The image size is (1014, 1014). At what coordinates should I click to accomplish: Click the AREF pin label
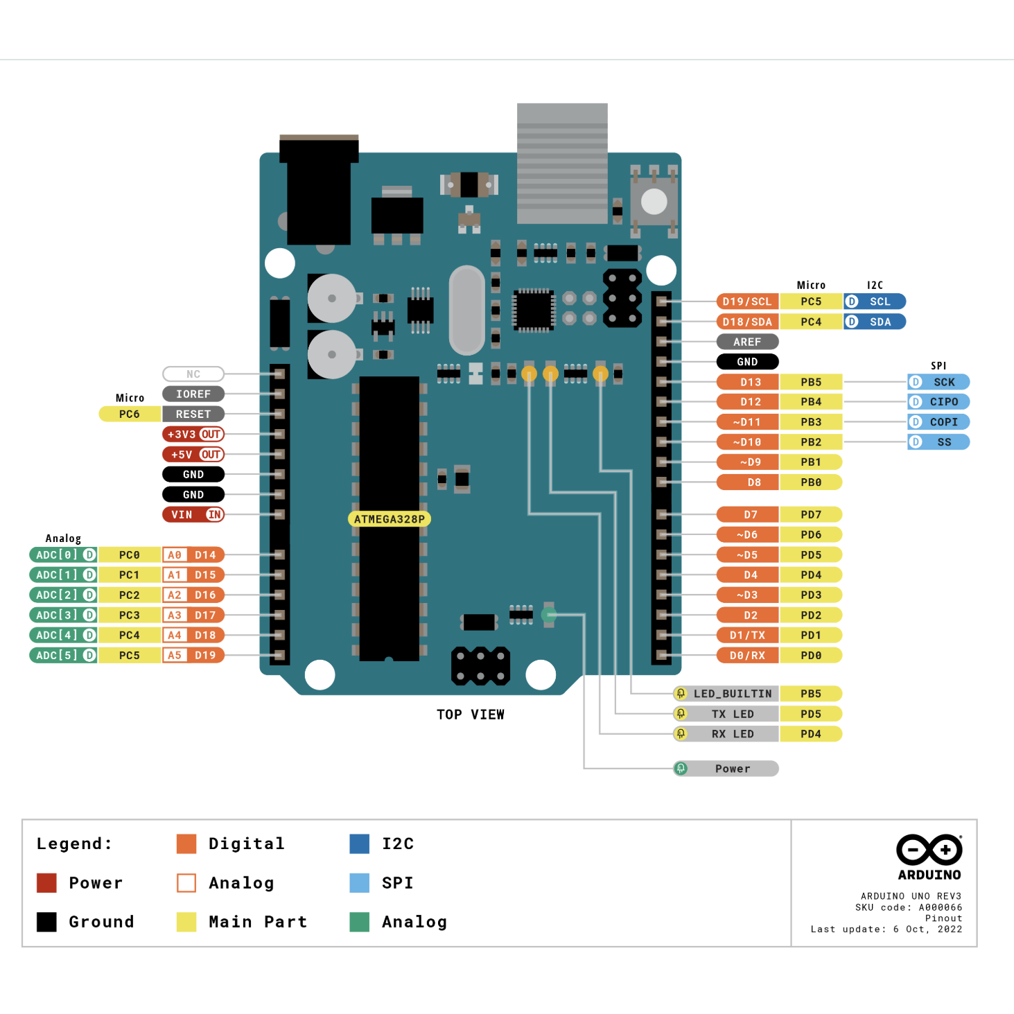[x=747, y=342]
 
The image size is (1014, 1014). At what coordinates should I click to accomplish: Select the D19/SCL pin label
[x=747, y=301]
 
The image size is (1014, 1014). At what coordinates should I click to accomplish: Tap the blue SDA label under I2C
[x=875, y=322]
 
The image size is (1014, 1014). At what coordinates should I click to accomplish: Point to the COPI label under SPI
[x=938, y=422]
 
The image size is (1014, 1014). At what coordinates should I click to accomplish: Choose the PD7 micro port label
[x=811, y=514]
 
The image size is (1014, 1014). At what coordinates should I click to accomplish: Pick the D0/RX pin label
[x=747, y=655]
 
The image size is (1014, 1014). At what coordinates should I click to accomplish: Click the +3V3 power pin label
[x=193, y=435]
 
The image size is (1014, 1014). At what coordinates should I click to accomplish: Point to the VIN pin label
[x=193, y=514]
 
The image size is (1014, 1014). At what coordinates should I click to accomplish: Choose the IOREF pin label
[x=193, y=394]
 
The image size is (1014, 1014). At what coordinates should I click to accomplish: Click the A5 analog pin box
[x=175, y=655]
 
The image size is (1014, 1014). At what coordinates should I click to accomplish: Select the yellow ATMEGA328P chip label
[x=389, y=519]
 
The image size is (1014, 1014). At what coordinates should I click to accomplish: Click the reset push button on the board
[x=654, y=202]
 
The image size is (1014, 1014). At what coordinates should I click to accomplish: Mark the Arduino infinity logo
[x=929, y=850]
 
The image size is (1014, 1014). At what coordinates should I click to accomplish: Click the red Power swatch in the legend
[x=46, y=883]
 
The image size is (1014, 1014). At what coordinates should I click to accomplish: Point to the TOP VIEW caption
[x=471, y=715]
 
